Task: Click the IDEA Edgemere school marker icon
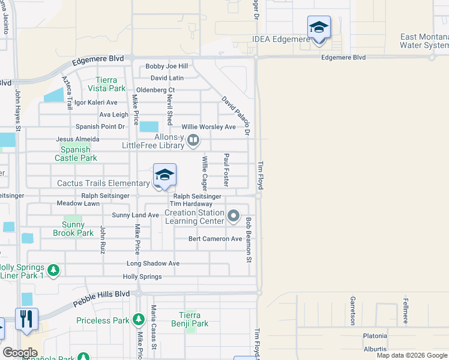(319, 28)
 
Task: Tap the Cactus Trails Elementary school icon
(164, 175)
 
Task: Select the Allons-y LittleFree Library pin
(193, 141)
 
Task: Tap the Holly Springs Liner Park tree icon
(53, 271)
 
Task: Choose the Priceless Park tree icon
(139, 320)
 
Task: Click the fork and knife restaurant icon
(26, 319)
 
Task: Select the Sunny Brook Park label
(74, 229)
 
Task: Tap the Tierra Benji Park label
(194, 319)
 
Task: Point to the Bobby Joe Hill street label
(167, 66)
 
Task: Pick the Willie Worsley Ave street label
(209, 127)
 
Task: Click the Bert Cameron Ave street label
(215, 239)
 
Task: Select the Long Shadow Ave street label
(153, 263)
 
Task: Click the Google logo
(20, 353)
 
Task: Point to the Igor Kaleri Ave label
(95, 103)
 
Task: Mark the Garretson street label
(352, 310)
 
